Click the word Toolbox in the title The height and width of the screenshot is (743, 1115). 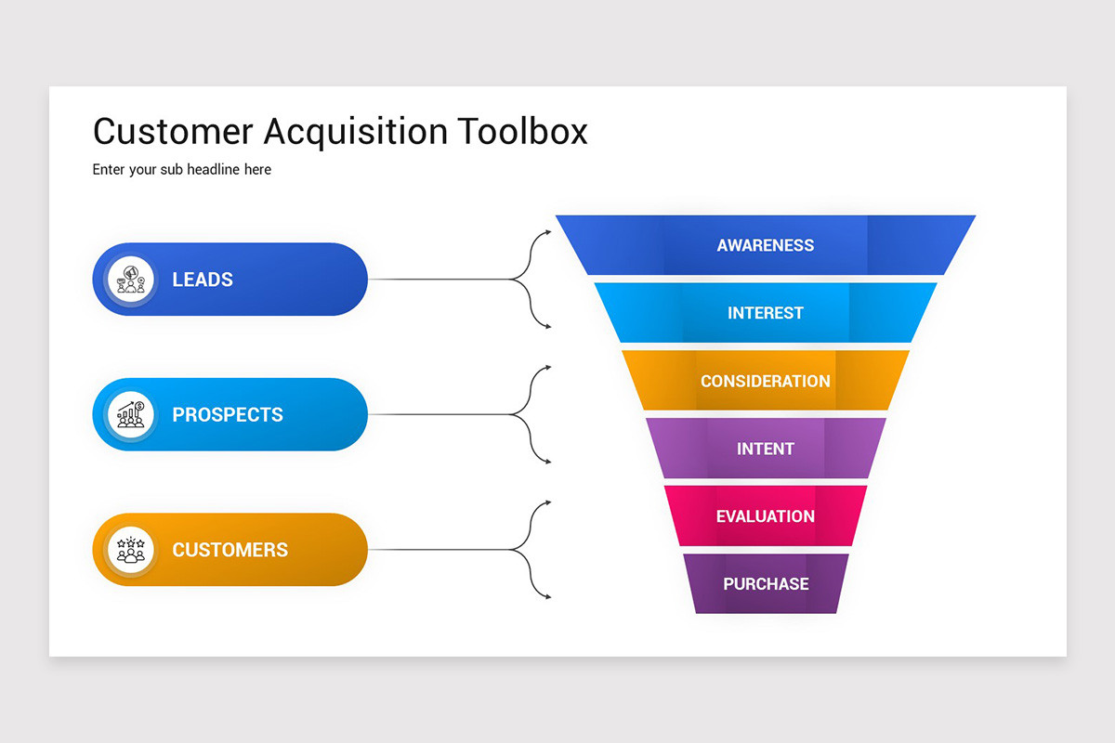522,131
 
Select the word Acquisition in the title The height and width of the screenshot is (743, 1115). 355,133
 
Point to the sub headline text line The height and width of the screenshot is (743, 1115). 182,170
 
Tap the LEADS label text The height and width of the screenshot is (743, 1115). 203,280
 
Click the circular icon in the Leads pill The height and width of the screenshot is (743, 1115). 130,280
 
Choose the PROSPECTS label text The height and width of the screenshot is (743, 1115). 228,414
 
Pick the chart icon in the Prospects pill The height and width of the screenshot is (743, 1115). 130,414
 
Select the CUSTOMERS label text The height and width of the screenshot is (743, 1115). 230,550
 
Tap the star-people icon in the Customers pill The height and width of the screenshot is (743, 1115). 130,550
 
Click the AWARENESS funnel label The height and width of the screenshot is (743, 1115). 766,245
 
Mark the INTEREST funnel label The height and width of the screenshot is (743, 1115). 766,313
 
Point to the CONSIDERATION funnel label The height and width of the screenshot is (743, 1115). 766,381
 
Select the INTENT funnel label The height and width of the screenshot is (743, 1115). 766,449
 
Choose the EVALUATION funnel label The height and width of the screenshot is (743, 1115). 766,516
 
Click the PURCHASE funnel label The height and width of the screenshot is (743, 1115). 766,584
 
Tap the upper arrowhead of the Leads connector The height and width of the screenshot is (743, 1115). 548,232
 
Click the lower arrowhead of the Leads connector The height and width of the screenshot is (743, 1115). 548,327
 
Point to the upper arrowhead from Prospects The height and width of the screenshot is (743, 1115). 548,367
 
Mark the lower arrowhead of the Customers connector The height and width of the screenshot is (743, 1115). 548,596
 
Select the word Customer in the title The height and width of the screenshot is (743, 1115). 173,131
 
